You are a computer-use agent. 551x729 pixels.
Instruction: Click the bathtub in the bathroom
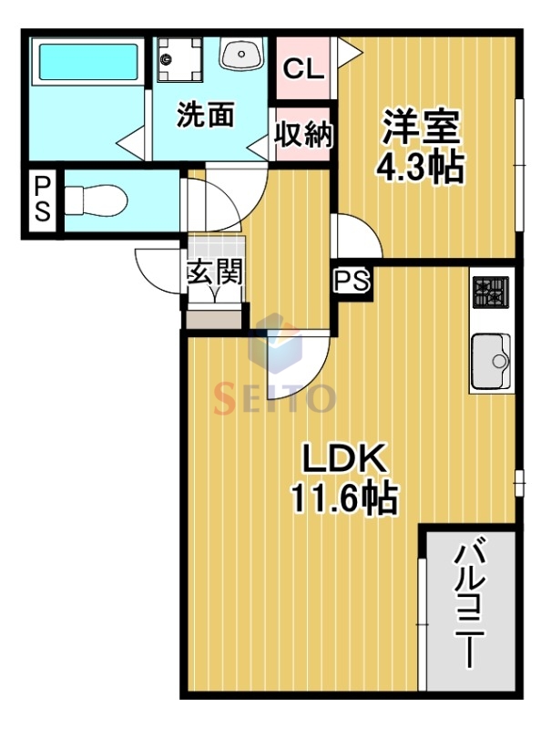click(x=87, y=62)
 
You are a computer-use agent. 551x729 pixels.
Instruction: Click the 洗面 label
click(x=205, y=116)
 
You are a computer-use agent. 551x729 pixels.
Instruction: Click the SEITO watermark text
click(x=275, y=398)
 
